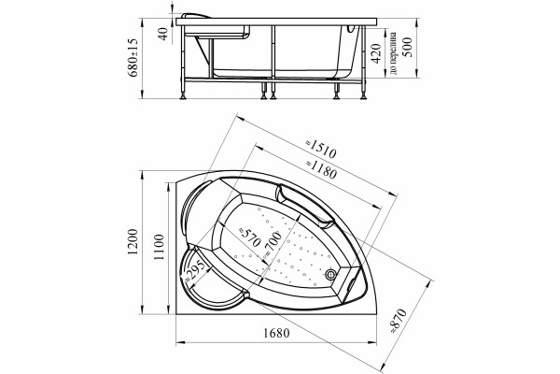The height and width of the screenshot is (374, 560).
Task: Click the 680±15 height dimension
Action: click(x=133, y=57)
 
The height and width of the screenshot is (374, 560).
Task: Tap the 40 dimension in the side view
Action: click(x=162, y=34)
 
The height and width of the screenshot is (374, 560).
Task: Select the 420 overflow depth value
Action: click(x=376, y=53)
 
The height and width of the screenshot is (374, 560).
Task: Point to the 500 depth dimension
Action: click(x=408, y=47)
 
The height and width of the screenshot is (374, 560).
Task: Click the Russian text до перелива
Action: click(x=394, y=53)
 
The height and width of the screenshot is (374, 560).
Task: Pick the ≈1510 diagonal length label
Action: click(x=321, y=150)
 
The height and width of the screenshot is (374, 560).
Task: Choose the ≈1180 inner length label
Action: click(x=321, y=169)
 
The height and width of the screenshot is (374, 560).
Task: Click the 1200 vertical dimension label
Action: click(x=133, y=242)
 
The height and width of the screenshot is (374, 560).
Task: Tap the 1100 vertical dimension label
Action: click(x=160, y=247)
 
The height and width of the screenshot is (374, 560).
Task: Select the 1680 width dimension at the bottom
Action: click(x=276, y=333)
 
